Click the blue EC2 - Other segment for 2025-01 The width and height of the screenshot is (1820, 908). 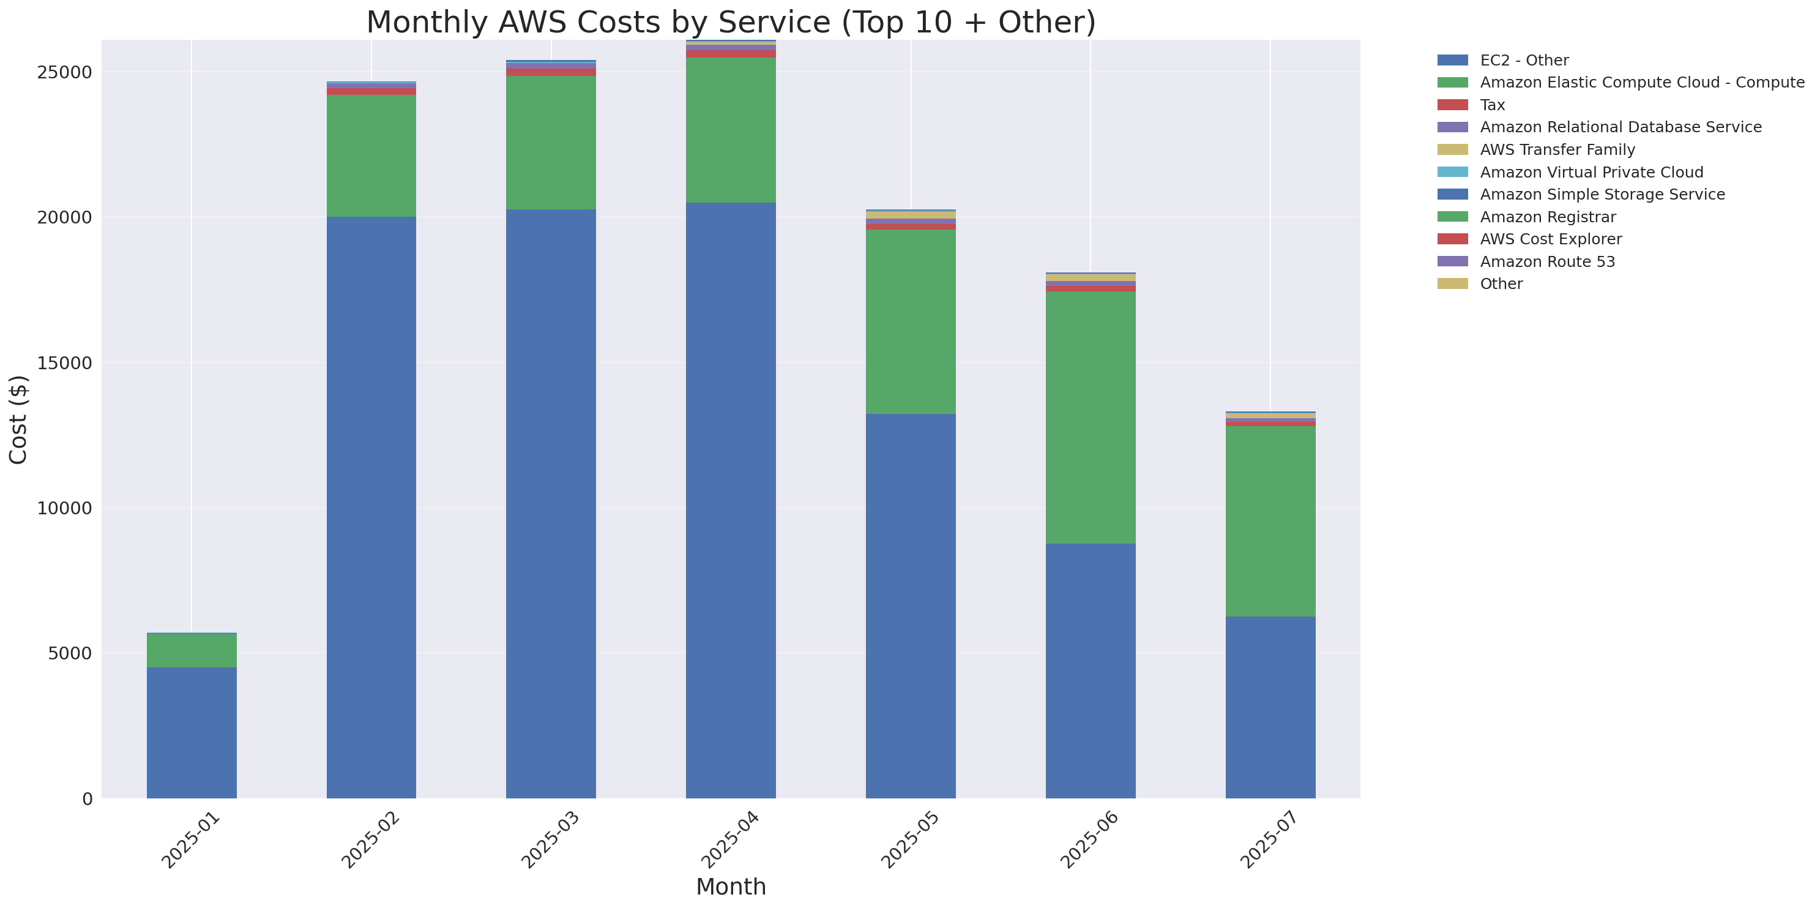[x=192, y=732]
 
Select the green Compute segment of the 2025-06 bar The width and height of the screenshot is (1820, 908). [x=1090, y=417]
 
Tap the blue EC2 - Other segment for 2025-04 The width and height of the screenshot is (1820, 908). [x=731, y=500]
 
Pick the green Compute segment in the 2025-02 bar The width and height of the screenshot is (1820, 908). [x=371, y=156]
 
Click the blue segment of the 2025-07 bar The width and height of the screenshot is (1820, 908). [x=1270, y=707]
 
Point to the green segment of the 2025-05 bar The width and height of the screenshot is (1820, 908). [x=910, y=321]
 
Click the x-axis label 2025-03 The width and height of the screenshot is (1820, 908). [x=550, y=840]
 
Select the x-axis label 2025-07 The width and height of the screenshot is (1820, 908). [x=1270, y=840]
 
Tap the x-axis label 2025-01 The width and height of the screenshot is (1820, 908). [x=191, y=840]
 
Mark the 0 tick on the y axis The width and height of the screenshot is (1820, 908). [x=87, y=799]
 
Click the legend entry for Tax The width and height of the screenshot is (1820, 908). [x=1492, y=105]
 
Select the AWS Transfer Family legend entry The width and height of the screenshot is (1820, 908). [x=1557, y=150]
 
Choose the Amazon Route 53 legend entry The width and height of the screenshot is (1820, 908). [x=1547, y=262]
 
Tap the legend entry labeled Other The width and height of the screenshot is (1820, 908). [x=1501, y=284]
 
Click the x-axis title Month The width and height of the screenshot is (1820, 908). [x=731, y=886]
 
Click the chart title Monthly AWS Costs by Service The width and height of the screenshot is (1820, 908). [x=731, y=22]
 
